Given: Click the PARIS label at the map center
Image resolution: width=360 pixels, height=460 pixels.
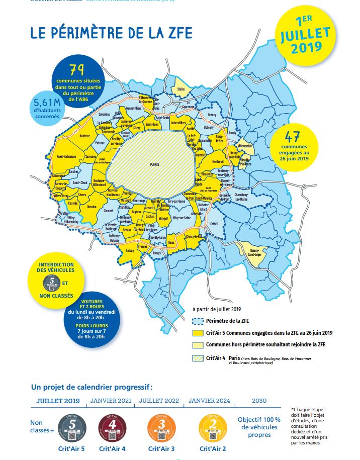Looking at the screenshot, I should tap(154, 164).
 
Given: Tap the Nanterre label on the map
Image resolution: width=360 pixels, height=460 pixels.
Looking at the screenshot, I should tap(84, 135).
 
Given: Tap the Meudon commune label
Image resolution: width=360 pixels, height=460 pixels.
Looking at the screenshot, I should tap(92, 207).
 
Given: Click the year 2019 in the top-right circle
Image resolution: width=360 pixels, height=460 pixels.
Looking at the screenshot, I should tap(305, 48).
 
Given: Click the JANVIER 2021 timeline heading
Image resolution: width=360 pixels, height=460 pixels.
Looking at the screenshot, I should tap(110, 401).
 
